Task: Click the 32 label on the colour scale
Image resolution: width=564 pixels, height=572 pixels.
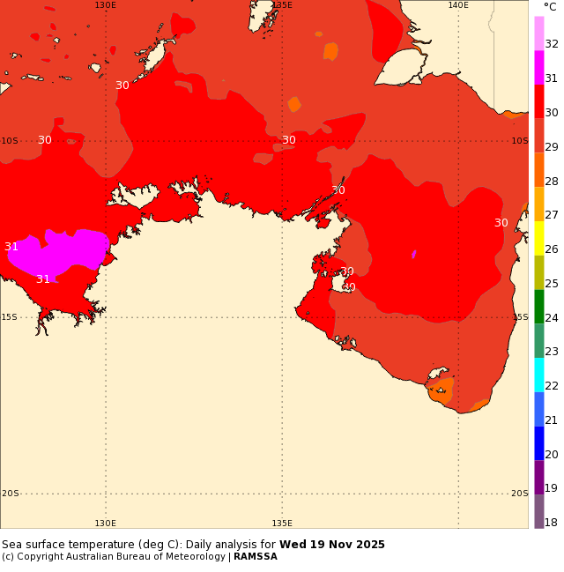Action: point(551,44)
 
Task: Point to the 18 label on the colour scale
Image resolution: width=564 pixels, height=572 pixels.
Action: point(551,523)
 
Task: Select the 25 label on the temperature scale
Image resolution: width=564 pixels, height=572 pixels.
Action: point(551,283)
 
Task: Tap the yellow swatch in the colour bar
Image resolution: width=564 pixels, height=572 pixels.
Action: point(539,238)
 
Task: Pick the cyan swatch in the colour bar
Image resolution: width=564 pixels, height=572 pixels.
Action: point(539,375)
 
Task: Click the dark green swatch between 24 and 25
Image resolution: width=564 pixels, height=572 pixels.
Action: point(539,306)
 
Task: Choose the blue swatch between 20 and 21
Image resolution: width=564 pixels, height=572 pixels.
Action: point(539,442)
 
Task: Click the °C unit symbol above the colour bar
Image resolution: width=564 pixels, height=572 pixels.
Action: point(550,6)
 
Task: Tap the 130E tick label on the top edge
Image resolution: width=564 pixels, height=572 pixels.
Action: point(106,5)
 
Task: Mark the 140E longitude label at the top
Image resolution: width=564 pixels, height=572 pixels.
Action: point(458,5)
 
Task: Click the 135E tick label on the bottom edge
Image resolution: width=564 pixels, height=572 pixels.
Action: point(282,523)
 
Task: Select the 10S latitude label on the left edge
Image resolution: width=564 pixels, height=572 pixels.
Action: point(9,141)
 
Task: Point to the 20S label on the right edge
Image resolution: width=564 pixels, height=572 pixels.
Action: point(519,494)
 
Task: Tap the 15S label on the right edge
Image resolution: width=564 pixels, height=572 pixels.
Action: point(519,317)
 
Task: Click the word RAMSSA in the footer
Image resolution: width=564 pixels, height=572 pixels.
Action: point(256,557)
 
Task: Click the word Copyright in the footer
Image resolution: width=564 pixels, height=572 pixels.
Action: point(37,557)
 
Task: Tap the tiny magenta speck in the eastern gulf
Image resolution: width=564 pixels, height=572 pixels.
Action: point(413,255)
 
